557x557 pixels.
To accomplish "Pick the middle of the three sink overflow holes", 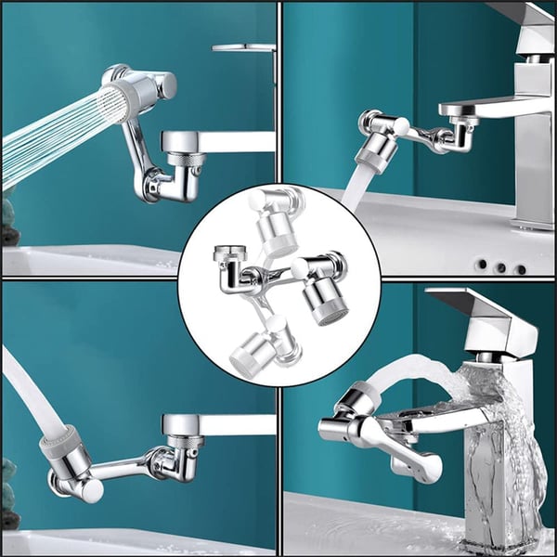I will click(500, 267).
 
